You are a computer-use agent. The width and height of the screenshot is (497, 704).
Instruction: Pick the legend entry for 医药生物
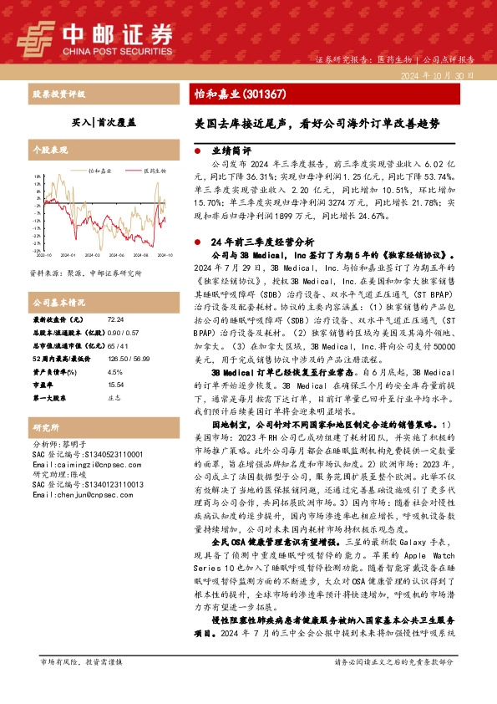pos(151,170)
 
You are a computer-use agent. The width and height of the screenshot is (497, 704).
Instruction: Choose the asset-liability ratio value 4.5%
pos(114,371)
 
